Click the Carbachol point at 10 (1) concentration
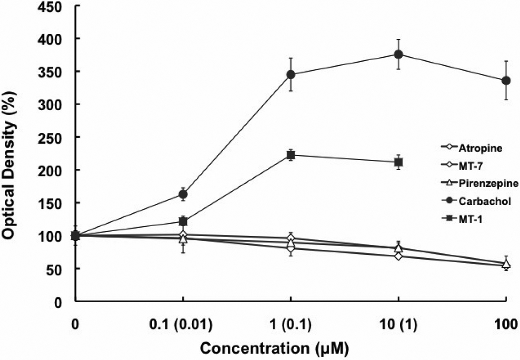pyautogui.click(x=398, y=54)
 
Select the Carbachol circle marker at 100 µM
pyautogui.click(x=506, y=80)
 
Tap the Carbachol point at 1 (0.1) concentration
pyautogui.click(x=291, y=75)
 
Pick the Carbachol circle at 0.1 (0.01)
pyautogui.click(x=183, y=194)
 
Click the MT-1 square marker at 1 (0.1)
pyautogui.click(x=291, y=155)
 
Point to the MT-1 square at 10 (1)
pyautogui.click(x=398, y=162)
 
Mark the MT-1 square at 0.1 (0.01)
pyautogui.click(x=183, y=221)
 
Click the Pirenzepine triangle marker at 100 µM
pyautogui.click(x=506, y=265)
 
